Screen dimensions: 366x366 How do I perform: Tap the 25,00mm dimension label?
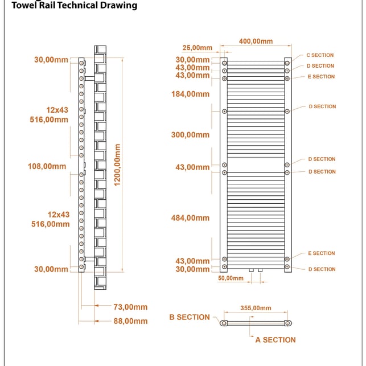point(198,48)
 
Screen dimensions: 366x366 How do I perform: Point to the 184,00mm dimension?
point(190,94)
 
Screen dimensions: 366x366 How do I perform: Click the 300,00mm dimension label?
point(190,135)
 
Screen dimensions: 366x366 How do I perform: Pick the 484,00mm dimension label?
point(190,218)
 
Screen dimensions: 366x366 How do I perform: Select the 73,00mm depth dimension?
point(130,307)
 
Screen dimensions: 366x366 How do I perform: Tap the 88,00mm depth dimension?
point(130,321)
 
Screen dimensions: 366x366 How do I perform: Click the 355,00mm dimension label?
point(256,308)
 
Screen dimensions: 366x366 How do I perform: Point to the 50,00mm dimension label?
point(231,278)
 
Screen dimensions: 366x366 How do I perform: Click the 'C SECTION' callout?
point(320,56)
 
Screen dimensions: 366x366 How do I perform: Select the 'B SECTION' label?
point(190,317)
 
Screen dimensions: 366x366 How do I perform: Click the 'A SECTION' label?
point(275,340)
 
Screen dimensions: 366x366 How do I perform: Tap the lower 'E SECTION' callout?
point(322,253)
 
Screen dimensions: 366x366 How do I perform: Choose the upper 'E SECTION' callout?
point(322,77)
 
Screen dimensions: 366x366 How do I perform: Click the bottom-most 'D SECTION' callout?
point(322,269)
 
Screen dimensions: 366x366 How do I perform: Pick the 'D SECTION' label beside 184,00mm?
point(322,106)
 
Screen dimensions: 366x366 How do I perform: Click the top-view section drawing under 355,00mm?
point(255,323)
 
